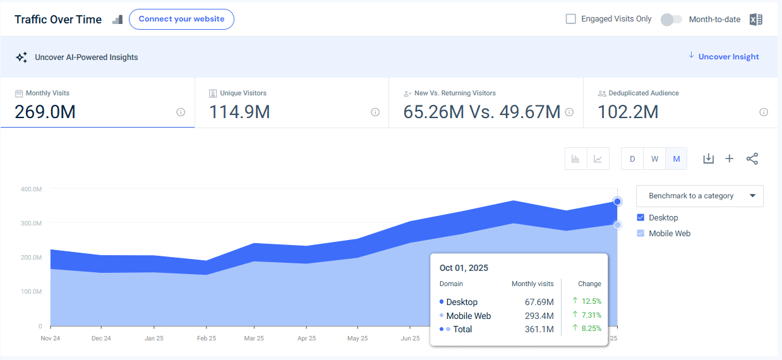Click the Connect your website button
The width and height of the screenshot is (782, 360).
[181, 19]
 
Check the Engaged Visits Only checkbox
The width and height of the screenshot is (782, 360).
[571, 19]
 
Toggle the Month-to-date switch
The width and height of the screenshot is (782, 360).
[671, 20]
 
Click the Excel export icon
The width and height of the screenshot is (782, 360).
[755, 20]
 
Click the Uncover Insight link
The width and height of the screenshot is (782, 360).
[728, 57]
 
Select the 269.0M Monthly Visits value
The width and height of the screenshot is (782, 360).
[45, 112]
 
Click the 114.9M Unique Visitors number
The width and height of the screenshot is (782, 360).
[240, 112]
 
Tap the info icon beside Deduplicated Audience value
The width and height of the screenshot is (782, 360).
[764, 112]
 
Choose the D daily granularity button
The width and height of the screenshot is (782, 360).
[632, 159]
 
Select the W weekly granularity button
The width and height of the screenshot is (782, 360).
[654, 159]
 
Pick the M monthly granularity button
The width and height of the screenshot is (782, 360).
[677, 159]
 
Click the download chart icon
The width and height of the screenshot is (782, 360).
[709, 159]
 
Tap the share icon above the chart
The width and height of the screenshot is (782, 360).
[752, 159]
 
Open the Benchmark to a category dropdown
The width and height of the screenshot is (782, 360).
[699, 196]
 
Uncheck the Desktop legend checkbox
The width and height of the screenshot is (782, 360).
[641, 217]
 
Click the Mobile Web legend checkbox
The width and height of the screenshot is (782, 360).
[641, 233]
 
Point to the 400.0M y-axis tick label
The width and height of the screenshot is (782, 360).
[31, 189]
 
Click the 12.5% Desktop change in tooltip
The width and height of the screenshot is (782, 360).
[591, 302]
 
